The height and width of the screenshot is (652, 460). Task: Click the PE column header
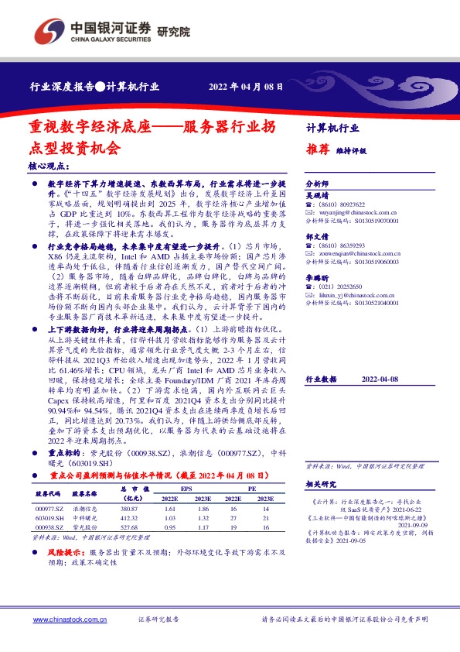coord(254,488)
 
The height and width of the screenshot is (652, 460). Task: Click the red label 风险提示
coord(67,552)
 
